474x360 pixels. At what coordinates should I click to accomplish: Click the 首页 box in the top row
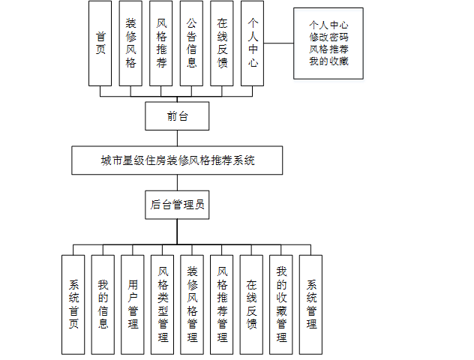coord(100,43)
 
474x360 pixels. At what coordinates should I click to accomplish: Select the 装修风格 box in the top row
coord(130,43)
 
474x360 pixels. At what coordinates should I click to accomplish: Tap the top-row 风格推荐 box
coord(161,43)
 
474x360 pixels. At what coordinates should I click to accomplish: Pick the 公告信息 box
coord(191,43)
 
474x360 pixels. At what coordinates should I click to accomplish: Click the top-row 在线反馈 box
coord(222,43)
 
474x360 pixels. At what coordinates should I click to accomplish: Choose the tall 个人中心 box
coord(253,43)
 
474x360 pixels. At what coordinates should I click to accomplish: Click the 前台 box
coord(177,116)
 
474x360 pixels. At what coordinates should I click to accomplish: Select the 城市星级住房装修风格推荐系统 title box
coord(177,160)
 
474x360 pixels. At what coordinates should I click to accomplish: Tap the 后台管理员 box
coord(177,204)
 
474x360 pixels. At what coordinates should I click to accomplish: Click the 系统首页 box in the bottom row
coord(73,304)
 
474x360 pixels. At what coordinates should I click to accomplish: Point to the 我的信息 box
coord(103,304)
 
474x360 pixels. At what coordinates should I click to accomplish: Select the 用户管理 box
coord(133,304)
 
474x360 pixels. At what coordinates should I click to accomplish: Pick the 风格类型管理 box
coord(163,304)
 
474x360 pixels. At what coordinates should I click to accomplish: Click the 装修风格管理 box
coord(192,304)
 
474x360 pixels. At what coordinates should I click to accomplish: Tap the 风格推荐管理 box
coord(222,304)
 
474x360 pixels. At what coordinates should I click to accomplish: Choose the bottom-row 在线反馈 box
coord(252,304)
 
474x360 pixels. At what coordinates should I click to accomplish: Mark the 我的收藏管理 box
coord(281,304)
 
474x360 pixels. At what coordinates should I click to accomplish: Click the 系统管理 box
coord(311,304)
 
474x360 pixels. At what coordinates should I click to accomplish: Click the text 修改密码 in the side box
coord(328,37)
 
